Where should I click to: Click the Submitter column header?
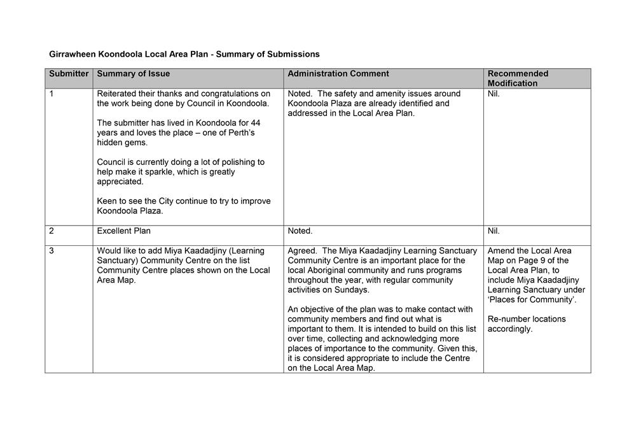69,74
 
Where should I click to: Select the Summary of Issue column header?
134,74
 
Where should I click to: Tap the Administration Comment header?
338,74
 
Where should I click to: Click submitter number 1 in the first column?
52,94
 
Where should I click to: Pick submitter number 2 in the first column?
52,231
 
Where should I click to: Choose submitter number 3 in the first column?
52,251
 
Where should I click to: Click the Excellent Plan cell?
124,231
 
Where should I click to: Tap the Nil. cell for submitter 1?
494,94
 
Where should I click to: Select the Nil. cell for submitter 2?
494,231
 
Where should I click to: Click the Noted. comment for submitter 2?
300,231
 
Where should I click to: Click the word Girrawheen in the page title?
73,54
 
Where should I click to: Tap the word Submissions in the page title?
295,54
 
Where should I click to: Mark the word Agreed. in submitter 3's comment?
301,251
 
